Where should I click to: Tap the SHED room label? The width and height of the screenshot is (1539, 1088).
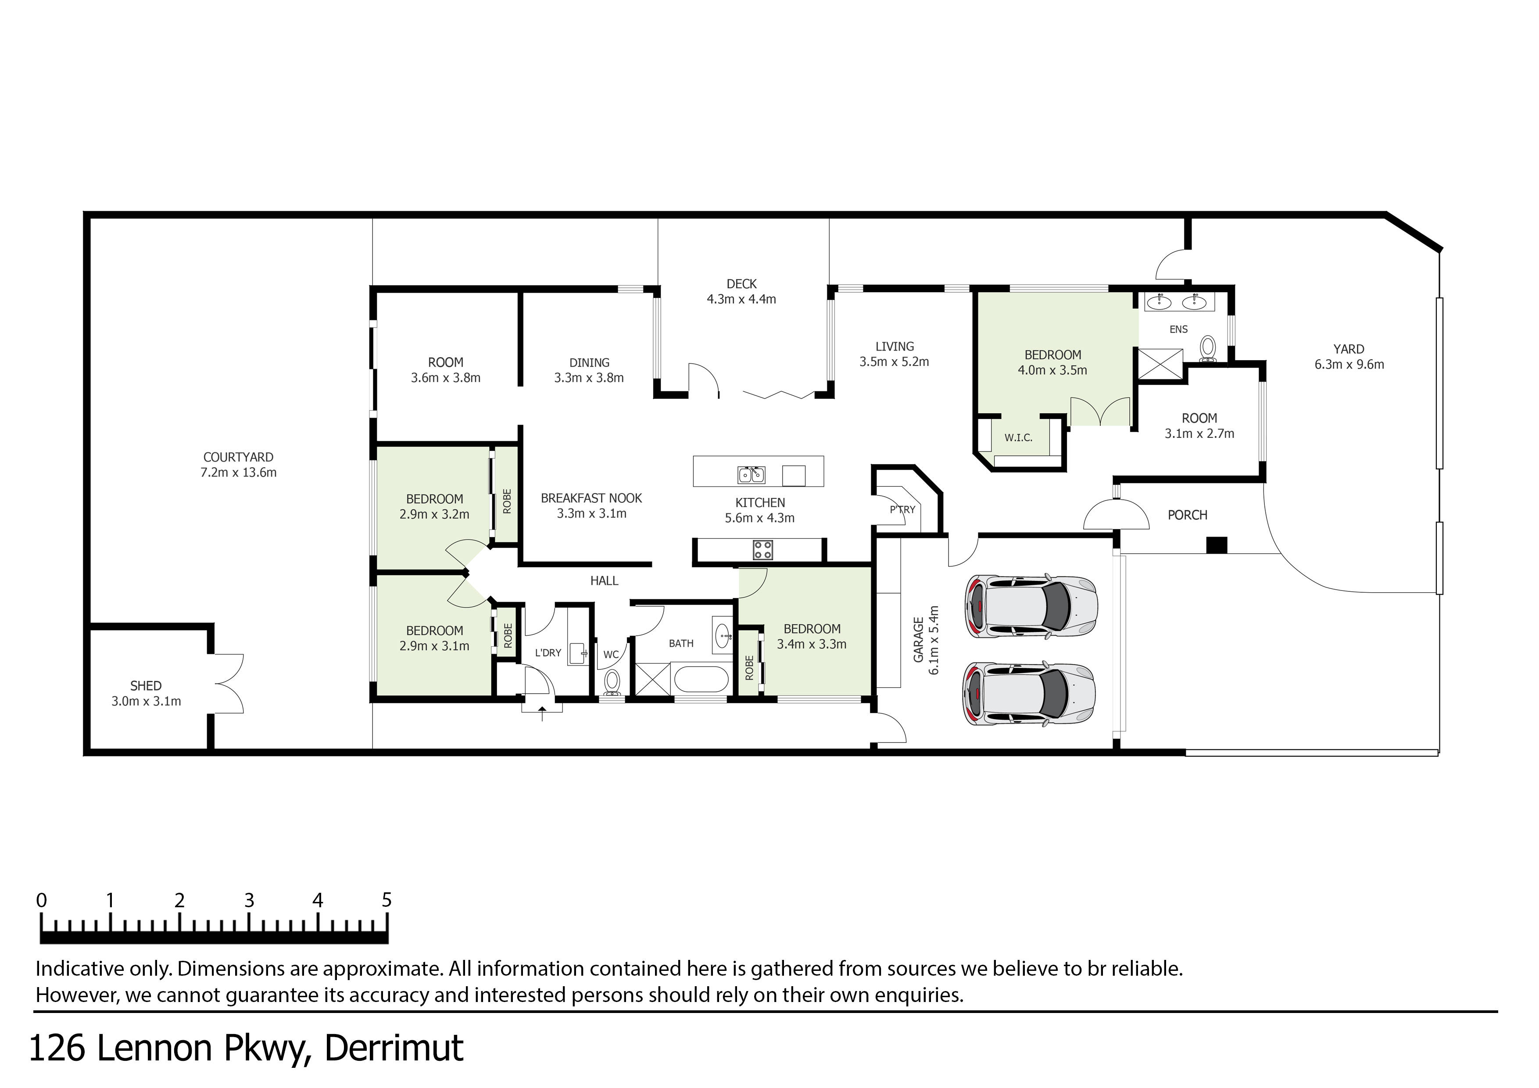pyautogui.click(x=146, y=686)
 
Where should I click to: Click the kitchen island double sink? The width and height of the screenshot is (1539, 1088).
pyautogui.click(x=752, y=475)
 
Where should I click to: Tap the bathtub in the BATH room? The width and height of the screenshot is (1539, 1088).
pyautogui.click(x=701, y=679)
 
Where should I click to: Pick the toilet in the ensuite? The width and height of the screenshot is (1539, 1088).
pyautogui.click(x=1208, y=348)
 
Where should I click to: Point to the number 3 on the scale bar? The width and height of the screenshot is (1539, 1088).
pyautogui.click(x=249, y=900)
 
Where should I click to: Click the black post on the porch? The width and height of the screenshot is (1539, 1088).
pyautogui.click(x=1217, y=545)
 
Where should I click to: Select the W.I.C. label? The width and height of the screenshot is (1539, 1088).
pyautogui.click(x=1017, y=438)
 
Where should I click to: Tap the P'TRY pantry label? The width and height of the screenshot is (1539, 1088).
pyautogui.click(x=902, y=509)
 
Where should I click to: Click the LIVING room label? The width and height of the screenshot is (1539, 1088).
pyautogui.click(x=894, y=347)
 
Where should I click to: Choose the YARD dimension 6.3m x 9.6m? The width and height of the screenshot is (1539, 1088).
pyautogui.click(x=1349, y=365)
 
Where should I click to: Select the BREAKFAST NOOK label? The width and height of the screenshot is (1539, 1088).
pyautogui.click(x=591, y=498)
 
